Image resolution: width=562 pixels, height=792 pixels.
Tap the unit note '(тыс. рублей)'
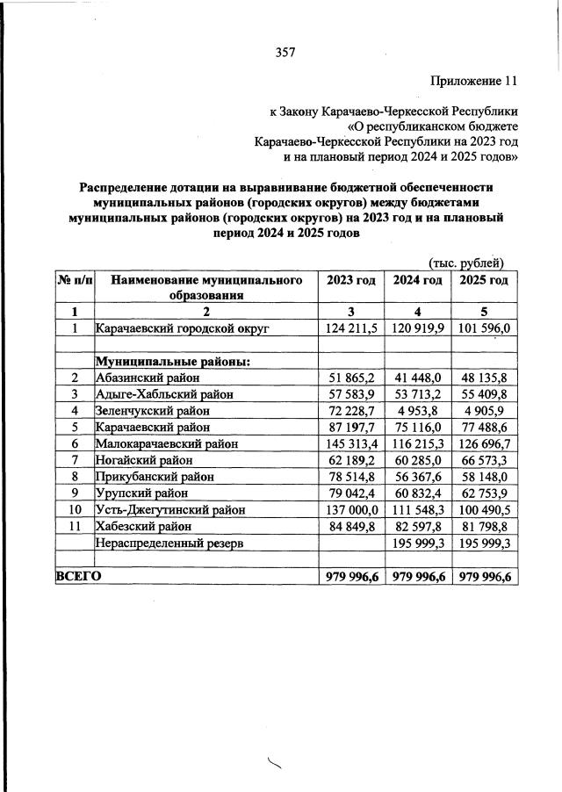465,262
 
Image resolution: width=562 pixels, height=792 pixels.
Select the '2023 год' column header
351,280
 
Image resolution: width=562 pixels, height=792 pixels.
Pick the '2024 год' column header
417,280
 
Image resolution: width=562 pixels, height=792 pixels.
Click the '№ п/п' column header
75,280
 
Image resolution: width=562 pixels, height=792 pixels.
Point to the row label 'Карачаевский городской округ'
180,328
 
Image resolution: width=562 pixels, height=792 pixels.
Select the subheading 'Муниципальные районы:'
173,362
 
